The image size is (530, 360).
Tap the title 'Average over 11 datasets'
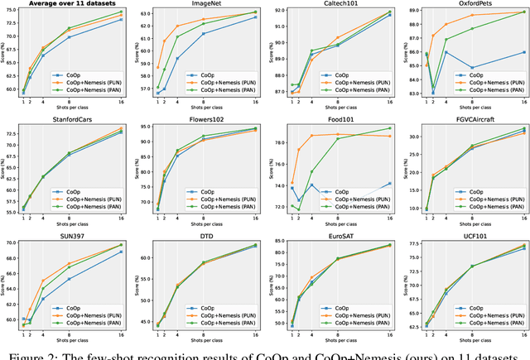tap(72, 5)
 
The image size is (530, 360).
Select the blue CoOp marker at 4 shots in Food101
tap(311, 185)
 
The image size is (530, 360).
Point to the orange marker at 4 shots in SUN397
tap(43, 281)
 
